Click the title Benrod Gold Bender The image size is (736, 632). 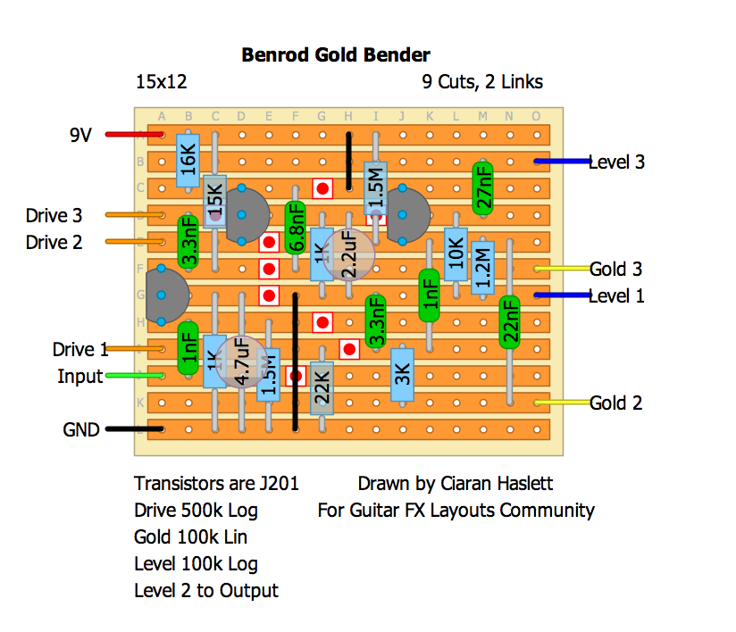336,55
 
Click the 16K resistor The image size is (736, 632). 188,161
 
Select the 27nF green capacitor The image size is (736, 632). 483,187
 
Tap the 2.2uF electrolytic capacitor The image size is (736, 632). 348,254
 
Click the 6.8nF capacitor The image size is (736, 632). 295,228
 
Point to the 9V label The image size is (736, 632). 82,136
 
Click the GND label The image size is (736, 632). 81,429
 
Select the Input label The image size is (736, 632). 79,377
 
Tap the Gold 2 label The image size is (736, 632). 615,403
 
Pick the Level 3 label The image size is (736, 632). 616,162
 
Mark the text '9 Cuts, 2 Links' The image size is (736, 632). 482,82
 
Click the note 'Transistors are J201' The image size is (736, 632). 216,484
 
